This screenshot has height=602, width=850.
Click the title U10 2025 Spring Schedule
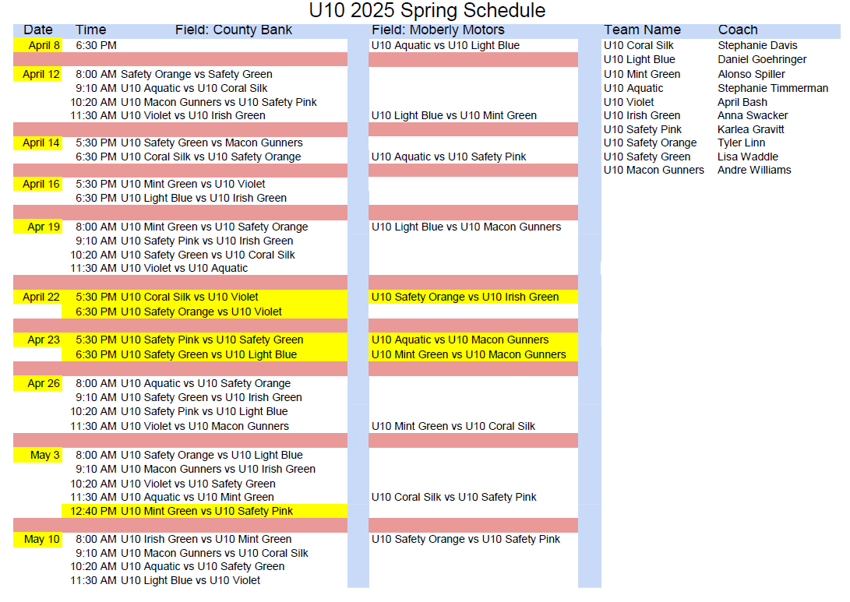tap(427, 10)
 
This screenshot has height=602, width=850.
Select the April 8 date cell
tap(38, 45)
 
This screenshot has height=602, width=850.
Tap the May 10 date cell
tap(38, 539)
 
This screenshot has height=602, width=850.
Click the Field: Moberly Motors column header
tap(438, 30)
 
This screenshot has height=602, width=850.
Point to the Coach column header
tap(738, 30)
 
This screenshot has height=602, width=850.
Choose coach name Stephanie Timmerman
tap(773, 88)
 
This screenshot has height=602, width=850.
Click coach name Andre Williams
tap(754, 170)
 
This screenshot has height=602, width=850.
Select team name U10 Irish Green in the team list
tap(642, 115)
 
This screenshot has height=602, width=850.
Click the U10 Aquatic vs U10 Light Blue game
tap(446, 45)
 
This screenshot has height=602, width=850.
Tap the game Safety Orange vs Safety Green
tap(196, 74)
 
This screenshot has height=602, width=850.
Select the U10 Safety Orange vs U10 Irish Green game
tap(465, 297)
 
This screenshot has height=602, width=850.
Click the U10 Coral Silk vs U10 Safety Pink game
tap(453, 497)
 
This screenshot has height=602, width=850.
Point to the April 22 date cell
tap(38, 297)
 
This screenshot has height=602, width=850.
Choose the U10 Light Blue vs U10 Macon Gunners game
tap(466, 227)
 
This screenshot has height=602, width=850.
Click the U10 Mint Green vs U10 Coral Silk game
tap(453, 427)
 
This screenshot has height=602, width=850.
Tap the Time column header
tap(90, 30)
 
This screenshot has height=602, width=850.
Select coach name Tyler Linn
tap(741, 143)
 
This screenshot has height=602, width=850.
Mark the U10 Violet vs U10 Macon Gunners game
tap(204, 427)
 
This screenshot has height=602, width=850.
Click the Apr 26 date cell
tap(38, 384)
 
